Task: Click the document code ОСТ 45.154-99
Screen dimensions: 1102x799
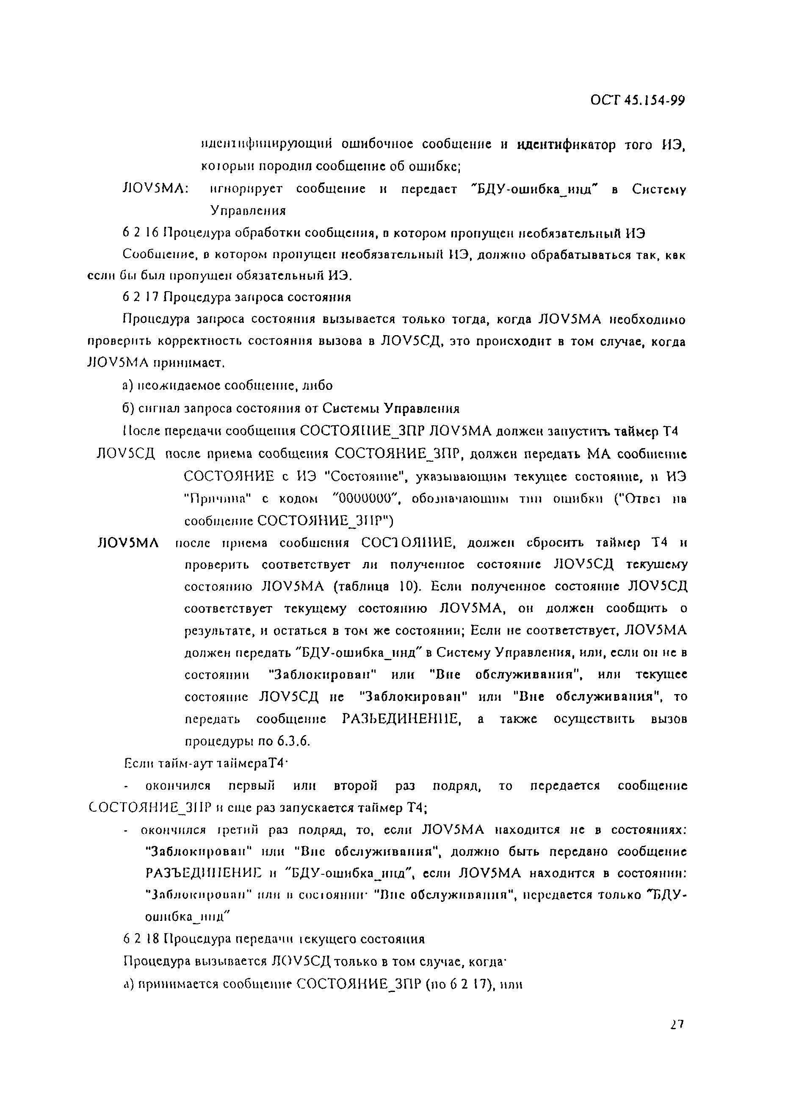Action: tap(637, 101)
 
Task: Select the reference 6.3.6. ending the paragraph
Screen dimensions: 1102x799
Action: tap(293, 741)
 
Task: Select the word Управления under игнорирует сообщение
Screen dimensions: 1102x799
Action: tap(248, 211)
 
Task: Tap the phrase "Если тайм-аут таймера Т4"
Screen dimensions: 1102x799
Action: tap(204, 763)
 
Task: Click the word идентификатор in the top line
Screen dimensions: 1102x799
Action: tap(566, 145)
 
